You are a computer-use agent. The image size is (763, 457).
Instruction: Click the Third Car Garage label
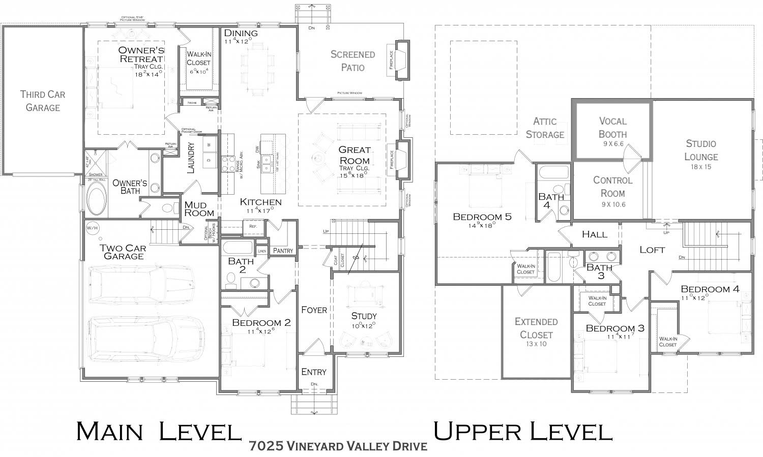[43, 101]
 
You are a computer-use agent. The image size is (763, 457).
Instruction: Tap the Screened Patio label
[353, 60]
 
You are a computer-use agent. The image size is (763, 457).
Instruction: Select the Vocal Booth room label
[612, 127]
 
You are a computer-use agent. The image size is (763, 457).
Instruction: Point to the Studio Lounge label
[700, 150]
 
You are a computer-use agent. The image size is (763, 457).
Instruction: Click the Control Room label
[612, 187]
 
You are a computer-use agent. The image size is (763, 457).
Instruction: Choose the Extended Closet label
[536, 328]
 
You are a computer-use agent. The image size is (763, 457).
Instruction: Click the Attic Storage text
[545, 128]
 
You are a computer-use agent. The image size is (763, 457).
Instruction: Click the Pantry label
[283, 251]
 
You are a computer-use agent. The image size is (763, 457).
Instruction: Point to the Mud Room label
[199, 208]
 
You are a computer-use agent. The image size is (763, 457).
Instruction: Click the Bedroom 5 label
[482, 217]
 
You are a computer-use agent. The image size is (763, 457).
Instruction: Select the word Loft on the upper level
[652, 250]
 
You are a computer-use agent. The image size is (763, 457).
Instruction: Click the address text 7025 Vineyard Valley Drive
[338, 446]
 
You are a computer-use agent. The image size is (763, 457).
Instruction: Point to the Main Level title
[158, 431]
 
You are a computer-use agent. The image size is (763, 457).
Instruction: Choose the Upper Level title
[522, 431]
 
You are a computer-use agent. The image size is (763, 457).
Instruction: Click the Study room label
[364, 316]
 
